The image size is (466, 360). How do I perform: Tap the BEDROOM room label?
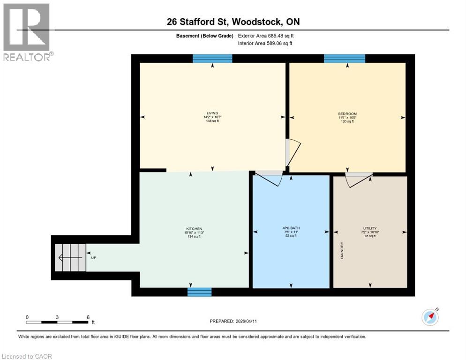coord(347,114)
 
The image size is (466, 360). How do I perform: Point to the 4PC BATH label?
coord(291,229)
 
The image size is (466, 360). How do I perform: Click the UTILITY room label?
coord(369,228)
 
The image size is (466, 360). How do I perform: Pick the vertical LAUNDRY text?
coord(342,251)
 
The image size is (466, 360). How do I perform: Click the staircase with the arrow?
coord(69,257)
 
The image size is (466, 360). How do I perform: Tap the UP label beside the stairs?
coord(93,257)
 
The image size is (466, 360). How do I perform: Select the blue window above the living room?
coord(212,59)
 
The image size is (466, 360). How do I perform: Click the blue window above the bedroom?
coord(345,59)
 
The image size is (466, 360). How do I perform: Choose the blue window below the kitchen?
coord(199,292)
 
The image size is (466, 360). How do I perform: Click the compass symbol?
coord(430,317)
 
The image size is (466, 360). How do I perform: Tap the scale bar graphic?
coord(57,322)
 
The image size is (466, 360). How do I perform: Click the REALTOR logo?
coord(27,32)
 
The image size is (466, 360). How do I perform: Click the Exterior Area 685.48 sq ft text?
coord(266,36)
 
